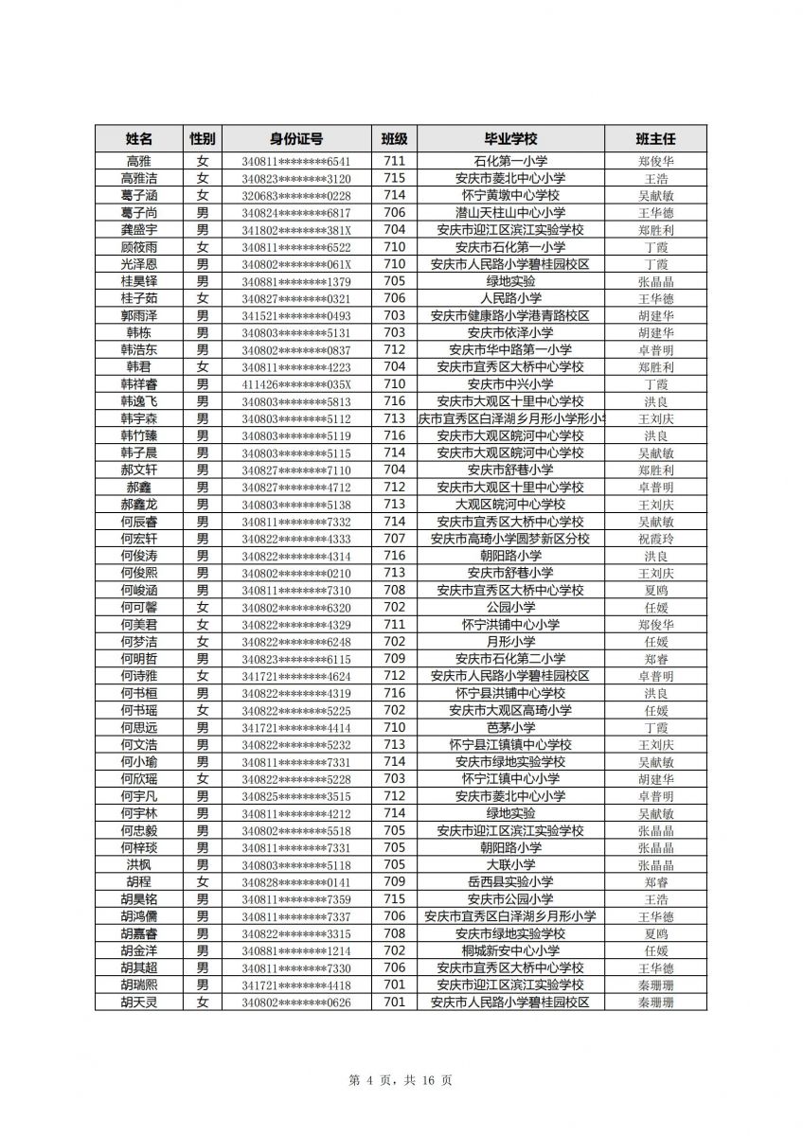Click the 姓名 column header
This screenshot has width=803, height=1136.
pyautogui.click(x=139, y=138)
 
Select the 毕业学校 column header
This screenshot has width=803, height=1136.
pyautogui.click(x=510, y=138)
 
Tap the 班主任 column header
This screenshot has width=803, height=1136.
pyautogui.click(x=655, y=138)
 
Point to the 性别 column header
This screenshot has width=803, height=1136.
pyautogui.click(x=202, y=138)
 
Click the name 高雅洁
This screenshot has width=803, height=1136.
pyautogui.click(x=139, y=178)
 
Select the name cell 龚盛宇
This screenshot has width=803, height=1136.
pyautogui.click(x=139, y=230)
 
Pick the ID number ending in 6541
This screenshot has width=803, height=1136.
pyautogui.click(x=295, y=161)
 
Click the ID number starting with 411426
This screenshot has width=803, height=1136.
pyautogui.click(x=295, y=384)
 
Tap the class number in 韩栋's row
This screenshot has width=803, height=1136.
pyautogui.click(x=395, y=333)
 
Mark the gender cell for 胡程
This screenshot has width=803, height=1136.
pyautogui.click(x=202, y=882)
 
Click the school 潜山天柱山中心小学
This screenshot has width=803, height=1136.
pyautogui.click(x=510, y=213)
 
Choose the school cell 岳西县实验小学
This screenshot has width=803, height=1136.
pyautogui.click(x=510, y=882)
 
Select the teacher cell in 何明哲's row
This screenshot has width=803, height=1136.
pyautogui.click(x=655, y=659)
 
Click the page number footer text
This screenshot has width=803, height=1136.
pyautogui.click(x=401, y=1080)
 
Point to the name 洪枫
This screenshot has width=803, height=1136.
pyautogui.click(x=139, y=865)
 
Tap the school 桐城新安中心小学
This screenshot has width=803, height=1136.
pyautogui.click(x=510, y=950)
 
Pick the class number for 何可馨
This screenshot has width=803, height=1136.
pyautogui.click(x=395, y=608)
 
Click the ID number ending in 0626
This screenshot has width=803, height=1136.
pyautogui.click(x=295, y=1003)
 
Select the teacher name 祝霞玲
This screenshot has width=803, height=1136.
pyautogui.click(x=655, y=539)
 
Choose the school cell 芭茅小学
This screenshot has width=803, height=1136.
pyautogui.click(x=510, y=728)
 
